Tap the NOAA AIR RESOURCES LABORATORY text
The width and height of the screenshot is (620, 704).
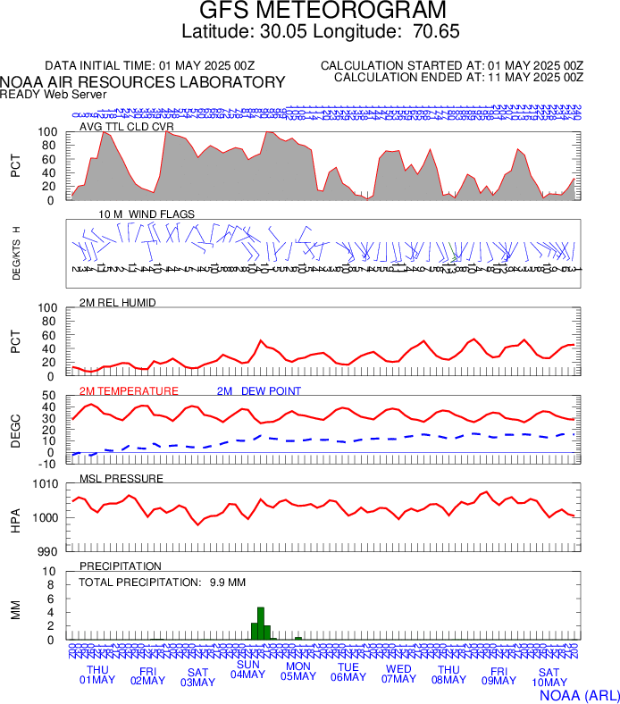click(143, 82)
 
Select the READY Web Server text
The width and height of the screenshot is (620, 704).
click(54, 94)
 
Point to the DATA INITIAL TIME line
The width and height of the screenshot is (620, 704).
click(150, 65)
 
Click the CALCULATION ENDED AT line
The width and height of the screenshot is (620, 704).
click(458, 78)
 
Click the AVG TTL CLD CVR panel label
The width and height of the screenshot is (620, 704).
click(127, 127)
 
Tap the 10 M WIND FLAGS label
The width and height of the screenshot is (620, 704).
click(147, 214)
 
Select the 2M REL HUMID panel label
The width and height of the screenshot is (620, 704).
click(118, 303)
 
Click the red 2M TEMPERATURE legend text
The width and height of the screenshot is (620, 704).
click(129, 391)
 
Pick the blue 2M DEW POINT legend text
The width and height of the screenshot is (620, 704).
click(258, 391)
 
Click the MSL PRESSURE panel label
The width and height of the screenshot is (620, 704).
click(121, 479)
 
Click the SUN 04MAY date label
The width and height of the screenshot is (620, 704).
click(247, 668)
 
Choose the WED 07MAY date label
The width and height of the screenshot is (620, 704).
click(398, 675)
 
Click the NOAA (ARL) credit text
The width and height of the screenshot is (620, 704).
click(579, 694)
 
